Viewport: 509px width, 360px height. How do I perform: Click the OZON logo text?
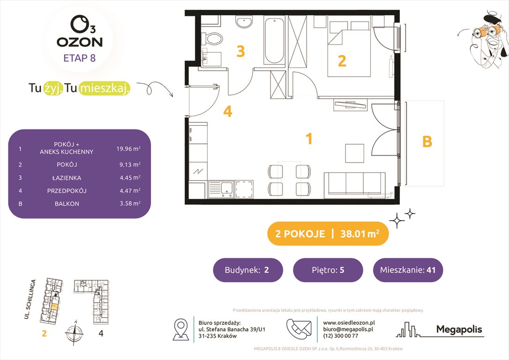point(79,41)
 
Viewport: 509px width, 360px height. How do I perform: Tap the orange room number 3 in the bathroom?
point(240,51)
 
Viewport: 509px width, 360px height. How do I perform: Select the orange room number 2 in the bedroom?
point(342,61)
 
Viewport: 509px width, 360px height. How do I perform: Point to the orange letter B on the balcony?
point(427,142)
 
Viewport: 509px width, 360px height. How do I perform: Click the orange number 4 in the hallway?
point(228,112)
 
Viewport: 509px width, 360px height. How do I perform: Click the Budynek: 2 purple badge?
point(248,270)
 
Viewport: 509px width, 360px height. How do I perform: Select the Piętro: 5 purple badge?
point(328,270)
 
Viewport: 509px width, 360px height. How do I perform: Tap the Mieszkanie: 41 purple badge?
point(408,270)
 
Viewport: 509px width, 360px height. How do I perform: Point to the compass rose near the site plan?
point(74,333)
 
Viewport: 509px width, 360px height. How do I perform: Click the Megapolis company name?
point(459,330)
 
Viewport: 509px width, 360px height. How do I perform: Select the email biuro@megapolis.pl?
point(348,329)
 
